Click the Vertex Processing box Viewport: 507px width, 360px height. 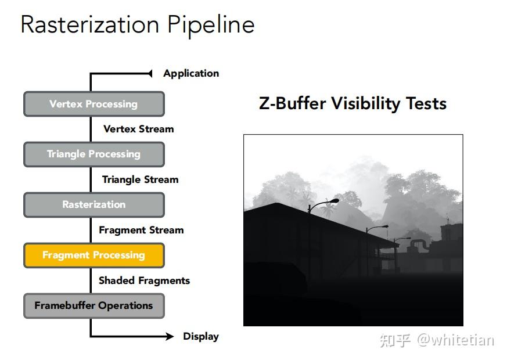(x=94, y=104)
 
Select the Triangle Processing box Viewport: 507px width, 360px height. (x=94, y=154)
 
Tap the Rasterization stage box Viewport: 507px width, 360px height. (x=94, y=205)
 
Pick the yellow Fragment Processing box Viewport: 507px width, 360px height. (x=94, y=255)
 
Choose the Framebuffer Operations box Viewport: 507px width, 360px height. (x=94, y=305)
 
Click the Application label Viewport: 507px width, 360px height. (x=191, y=74)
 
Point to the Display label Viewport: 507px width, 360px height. (x=201, y=336)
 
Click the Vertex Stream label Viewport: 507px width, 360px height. (x=139, y=129)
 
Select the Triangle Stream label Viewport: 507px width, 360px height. (x=141, y=179)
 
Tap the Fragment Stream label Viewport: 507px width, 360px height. (x=141, y=230)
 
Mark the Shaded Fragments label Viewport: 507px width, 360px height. (x=144, y=280)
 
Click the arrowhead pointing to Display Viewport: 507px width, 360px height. (x=170, y=336)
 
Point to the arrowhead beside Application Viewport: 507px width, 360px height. (x=150, y=74)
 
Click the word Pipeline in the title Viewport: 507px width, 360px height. (x=211, y=26)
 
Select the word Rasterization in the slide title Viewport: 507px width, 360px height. (x=90, y=24)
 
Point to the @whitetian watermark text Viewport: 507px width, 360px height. (x=455, y=340)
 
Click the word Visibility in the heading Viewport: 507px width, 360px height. (x=366, y=104)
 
